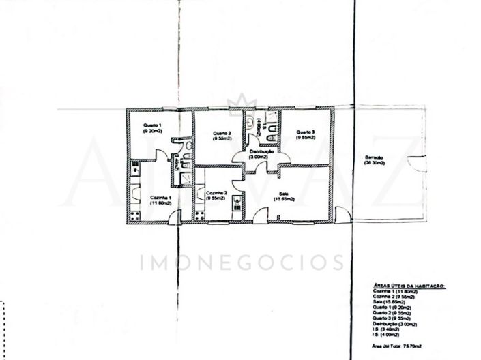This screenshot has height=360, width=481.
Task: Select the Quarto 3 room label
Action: [x=305, y=134]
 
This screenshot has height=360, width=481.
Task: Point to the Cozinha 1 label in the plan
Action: [x=161, y=200]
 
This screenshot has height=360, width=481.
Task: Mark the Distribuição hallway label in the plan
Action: [x=261, y=153]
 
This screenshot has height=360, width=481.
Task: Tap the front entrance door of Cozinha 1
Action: [x=175, y=217]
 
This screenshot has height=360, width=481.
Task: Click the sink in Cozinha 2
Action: [x=237, y=203]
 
